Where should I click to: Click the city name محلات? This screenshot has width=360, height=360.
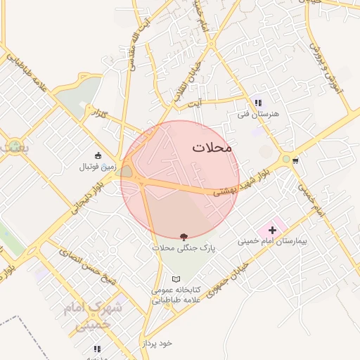tap(211, 148)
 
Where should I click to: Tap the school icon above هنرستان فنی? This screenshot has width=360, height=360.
tap(257, 103)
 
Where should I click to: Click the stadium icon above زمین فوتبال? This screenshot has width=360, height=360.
tap(97, 156)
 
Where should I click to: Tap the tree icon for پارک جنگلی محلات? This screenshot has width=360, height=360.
tap(184, 236)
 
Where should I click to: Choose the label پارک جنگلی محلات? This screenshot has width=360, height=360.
tap(184, 248)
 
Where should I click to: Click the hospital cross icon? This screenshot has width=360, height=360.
tap(272, 230)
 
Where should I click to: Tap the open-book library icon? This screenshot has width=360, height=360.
tap(176, 278)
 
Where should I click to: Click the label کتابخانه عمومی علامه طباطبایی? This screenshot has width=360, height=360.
tap(176, 295)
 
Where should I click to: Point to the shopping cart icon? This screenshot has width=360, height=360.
tap(295, 161)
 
